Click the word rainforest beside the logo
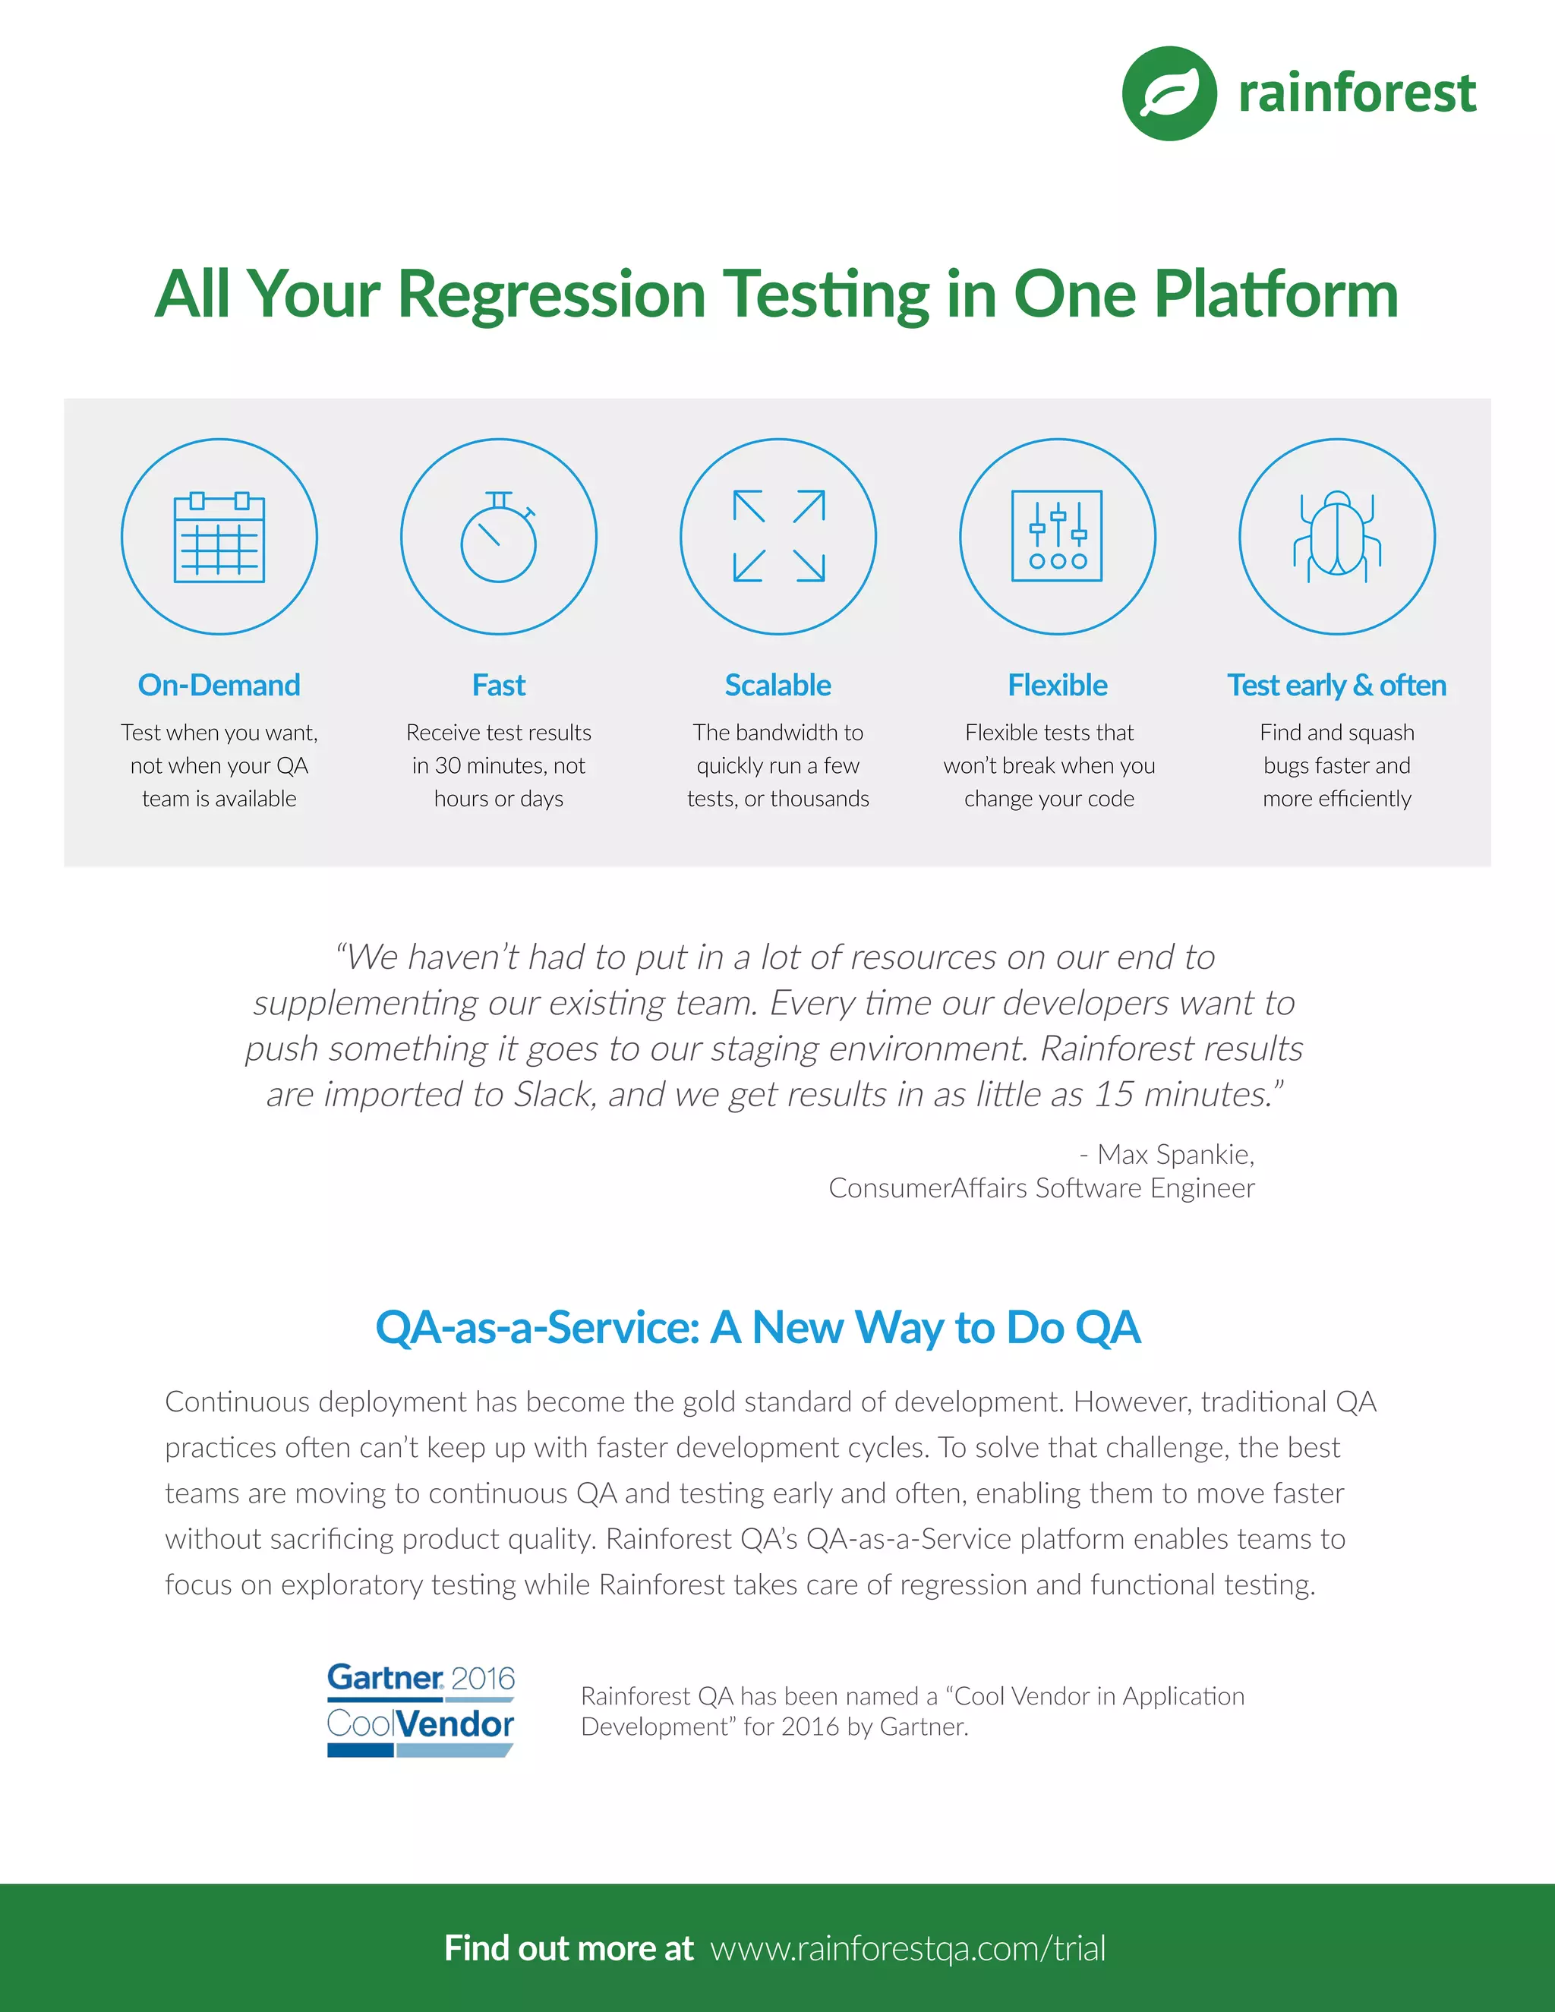pos(1357,94)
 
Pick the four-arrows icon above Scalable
pos(778,537)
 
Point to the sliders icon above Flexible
pos(1058,537)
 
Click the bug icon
pos(1336,537)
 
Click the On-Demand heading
pos(219,686)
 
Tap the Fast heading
pos(498,686)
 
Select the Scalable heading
pos(778,686)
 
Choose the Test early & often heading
pos(1336,686)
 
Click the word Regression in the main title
pos(551,295)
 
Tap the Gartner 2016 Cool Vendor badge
pos(421,1710)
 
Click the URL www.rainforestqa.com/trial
pos(907,1948)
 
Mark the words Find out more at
pos(569,1948)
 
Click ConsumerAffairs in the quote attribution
pos(928,1188)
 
